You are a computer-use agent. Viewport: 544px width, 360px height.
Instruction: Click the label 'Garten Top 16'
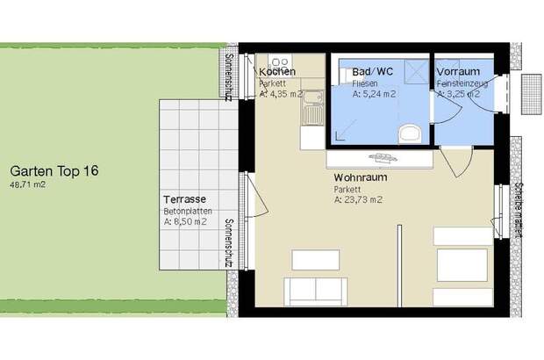click(x=54, y=171)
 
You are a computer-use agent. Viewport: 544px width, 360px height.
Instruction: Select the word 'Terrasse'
click(x=183, y=199)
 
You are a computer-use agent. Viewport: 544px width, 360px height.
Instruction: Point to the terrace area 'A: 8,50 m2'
click(x=185, y=222)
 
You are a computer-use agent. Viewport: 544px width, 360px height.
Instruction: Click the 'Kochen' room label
click(x=277, y=71)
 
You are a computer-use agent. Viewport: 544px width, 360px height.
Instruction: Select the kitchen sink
click(x=311, y=112)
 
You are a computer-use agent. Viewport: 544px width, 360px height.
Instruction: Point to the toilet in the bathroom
click(x=408, y=133)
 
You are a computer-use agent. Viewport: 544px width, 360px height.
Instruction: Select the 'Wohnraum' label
click(x=360, y=176)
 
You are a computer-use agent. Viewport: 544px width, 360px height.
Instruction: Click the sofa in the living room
click(x=311, y=289)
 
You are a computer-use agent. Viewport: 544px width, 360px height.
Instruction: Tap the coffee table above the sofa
click(x=315, y=259)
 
